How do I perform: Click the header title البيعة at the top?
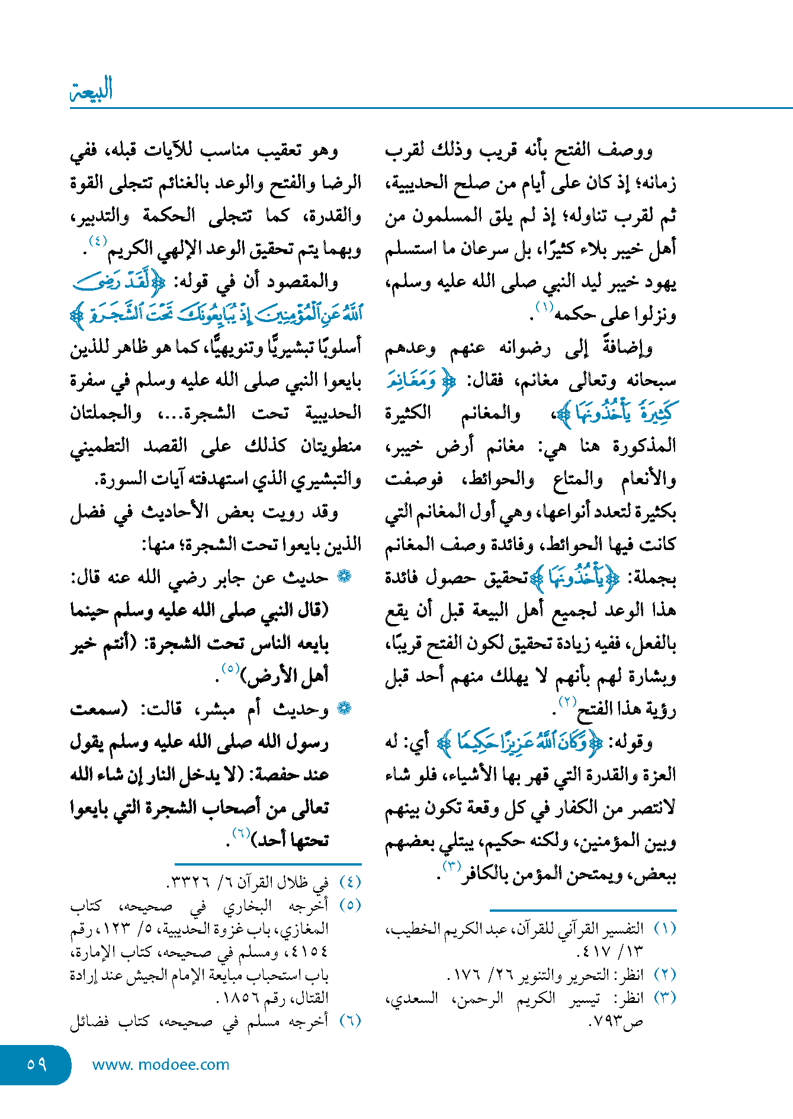92,90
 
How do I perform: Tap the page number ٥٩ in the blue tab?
37,1064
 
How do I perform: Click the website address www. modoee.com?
160,1065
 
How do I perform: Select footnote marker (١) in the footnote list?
664,928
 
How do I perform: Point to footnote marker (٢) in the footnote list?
664,974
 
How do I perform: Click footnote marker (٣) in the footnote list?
664,998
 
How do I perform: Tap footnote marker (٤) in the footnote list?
350,882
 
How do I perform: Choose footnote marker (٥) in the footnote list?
350,905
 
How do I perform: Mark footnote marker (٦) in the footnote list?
350,1021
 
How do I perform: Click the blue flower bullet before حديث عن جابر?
344,576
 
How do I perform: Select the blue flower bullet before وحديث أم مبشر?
344,708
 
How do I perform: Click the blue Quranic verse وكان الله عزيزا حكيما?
520,741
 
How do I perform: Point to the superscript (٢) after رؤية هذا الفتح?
567,702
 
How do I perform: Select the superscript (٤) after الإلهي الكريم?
98,241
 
